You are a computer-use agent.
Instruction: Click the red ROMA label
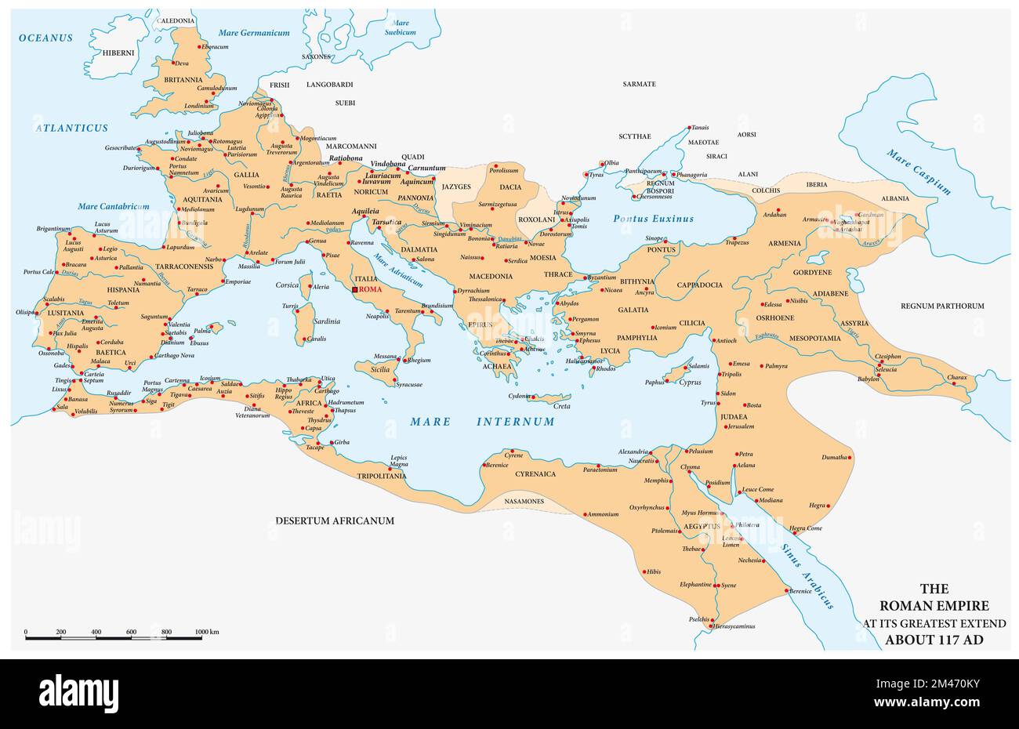371,289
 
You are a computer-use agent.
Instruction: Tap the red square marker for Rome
354,289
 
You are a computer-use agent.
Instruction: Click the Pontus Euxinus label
653,219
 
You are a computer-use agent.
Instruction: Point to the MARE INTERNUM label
482,422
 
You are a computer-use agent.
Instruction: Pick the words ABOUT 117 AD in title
934,639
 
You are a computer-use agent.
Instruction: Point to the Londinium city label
199,106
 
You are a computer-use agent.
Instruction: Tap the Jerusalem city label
740,426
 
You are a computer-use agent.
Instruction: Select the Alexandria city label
633,452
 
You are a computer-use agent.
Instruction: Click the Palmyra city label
776,366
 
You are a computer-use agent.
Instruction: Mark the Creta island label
562,406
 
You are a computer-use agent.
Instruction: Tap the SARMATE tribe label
639,84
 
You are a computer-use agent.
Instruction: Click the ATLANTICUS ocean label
71,127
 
